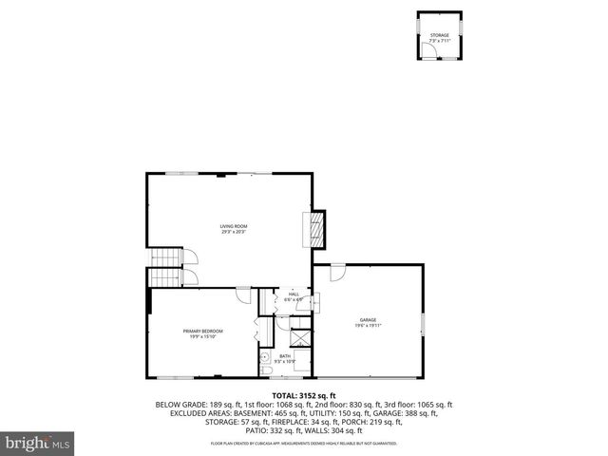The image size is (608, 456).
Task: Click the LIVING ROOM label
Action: click(234, 225)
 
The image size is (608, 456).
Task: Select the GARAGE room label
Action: click(368, 319)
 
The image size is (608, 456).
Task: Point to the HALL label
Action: click(294, 294)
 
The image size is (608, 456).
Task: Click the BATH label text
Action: click(285, 356)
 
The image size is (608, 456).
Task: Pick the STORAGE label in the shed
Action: click(439, 34)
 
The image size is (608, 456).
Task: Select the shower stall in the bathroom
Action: click(299, 338)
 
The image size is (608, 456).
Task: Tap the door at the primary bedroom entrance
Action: click(243, 293)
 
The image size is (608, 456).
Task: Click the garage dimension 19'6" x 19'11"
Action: click(368, 326)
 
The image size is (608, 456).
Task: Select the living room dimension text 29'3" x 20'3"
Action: click(234, 232)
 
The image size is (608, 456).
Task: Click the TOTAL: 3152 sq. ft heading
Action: click(304, 395)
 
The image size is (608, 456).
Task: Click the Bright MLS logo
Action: click(38, 443)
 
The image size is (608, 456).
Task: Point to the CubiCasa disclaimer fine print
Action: click(304, 444)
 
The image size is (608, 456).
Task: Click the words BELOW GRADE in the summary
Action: click(178, 404)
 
